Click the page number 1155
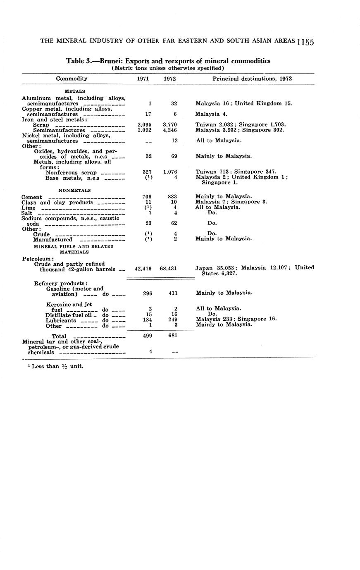[x=306, y=42]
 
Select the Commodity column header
[x=72, y=79]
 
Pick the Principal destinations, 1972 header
[x=252, y=79]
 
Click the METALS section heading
[x=75, y=91]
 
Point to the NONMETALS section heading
[x=75, y=191]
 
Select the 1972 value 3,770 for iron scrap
[x=170, y=124]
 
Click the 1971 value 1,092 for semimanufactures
[x=145, y=130]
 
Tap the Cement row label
[x=31, y=197]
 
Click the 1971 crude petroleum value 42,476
[x=143, y=269]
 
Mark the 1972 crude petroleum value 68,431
[x=168, y=269]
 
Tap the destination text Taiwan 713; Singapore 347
[x=236, y=172]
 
